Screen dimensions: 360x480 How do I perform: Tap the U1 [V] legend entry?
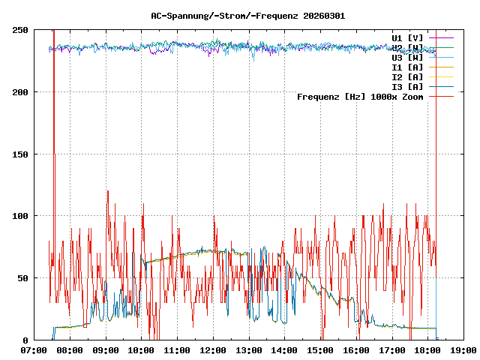[407, 37]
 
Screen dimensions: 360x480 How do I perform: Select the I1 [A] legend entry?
[407, 67]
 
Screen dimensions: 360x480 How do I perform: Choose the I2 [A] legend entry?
[407, 76]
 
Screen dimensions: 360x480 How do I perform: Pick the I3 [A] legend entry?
[407, 86]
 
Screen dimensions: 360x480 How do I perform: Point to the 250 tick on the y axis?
[21, 30]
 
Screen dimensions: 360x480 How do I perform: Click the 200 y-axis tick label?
[21, 92]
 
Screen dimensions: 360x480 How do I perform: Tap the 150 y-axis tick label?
[21, 154]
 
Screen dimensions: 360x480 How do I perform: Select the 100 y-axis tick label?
[21, 216]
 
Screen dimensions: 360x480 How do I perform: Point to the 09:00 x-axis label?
[106, 349]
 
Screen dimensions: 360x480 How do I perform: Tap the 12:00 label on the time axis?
[213, 349]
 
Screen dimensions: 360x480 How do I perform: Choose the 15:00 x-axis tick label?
[320, 349]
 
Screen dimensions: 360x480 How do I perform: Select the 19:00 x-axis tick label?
[463, 349]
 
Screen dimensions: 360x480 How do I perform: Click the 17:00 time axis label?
[391, 349]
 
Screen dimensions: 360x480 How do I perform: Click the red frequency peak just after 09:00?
[108, 191]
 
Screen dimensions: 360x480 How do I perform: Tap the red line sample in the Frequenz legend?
[442, 96]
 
